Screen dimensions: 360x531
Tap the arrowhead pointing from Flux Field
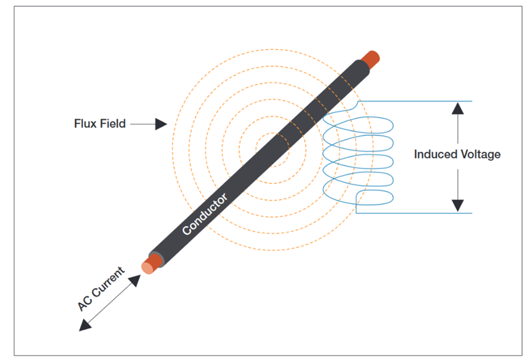point(160,124)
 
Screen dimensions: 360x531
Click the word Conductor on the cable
point(205,214)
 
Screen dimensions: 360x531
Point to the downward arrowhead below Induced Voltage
point(457,205)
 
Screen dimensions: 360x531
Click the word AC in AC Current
point(87,303)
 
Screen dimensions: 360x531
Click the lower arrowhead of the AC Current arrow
point(85,326)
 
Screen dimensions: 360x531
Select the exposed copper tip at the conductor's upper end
point(371,58)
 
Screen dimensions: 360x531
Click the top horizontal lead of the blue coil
point(417,101)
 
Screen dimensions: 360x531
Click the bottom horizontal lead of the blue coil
point(417,213)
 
